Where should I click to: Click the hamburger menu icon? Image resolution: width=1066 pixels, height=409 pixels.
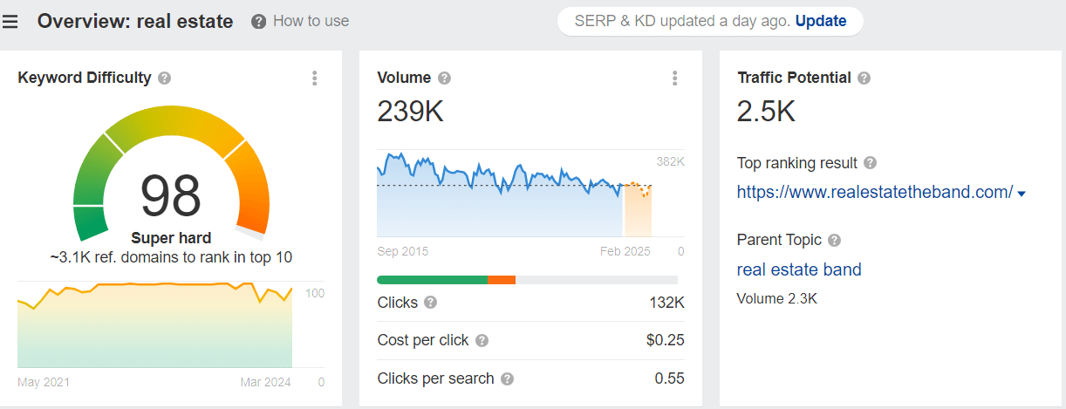[x=10, y=22]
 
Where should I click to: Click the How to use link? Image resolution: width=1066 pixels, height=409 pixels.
[x=311, y=21]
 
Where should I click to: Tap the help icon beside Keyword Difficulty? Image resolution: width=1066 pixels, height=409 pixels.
[x=165, y=78]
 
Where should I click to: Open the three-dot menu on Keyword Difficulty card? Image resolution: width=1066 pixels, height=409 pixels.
[x=315, y=78]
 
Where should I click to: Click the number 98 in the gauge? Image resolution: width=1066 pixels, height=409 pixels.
[x=171, y=195]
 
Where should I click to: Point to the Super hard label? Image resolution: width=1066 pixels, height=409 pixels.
[x=171, y=238]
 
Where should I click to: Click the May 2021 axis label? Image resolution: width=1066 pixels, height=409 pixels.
[x=44, y=382]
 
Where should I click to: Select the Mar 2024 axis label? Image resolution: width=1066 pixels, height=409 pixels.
[x=265, y=382]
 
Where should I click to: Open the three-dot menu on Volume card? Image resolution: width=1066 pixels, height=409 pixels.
[x=675, y=78]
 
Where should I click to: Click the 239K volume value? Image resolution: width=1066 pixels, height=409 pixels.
[x=410, y=112]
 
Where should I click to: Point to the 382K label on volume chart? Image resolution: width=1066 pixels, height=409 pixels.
[x=671, y=161]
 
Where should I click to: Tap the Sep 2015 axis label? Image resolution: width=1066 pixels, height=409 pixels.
[x=403, y=251]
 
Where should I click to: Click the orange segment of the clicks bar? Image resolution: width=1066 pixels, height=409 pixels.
[x=502, y=280]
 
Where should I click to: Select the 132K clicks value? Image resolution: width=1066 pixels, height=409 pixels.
[x=666, y=303]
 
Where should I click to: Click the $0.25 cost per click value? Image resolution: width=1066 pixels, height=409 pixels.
[x=666, y=340]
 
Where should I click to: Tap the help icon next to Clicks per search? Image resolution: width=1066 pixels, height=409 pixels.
[x=508, y=379]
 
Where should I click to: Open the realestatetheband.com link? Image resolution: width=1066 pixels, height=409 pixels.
[x=875, y=192]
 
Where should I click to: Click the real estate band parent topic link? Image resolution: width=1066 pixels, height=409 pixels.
[x=799, y=269]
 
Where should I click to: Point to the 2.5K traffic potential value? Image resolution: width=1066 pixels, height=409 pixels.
[x=766, y=112]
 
